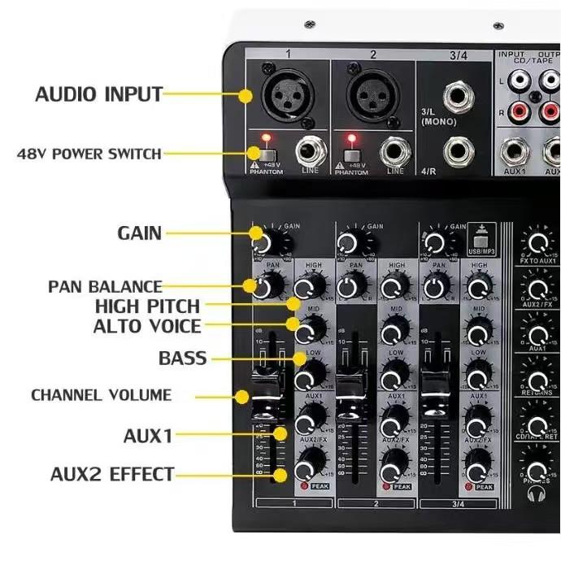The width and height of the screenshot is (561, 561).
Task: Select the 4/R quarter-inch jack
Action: click(x=458, y=151)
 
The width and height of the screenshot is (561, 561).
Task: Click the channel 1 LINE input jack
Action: click(x=310, y=151)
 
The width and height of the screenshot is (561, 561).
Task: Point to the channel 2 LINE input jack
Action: click(x=396, y=151)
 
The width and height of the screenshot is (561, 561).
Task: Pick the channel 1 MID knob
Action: click(x=309, y=330)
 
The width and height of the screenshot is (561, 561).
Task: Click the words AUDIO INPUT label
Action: click(x=98, y=94)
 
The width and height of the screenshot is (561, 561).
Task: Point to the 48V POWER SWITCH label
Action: click(x=89, y=153)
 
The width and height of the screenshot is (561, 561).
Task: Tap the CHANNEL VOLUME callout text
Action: click(x=102, y=395)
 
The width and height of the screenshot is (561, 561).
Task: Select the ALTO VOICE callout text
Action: click(x=146, y=327)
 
